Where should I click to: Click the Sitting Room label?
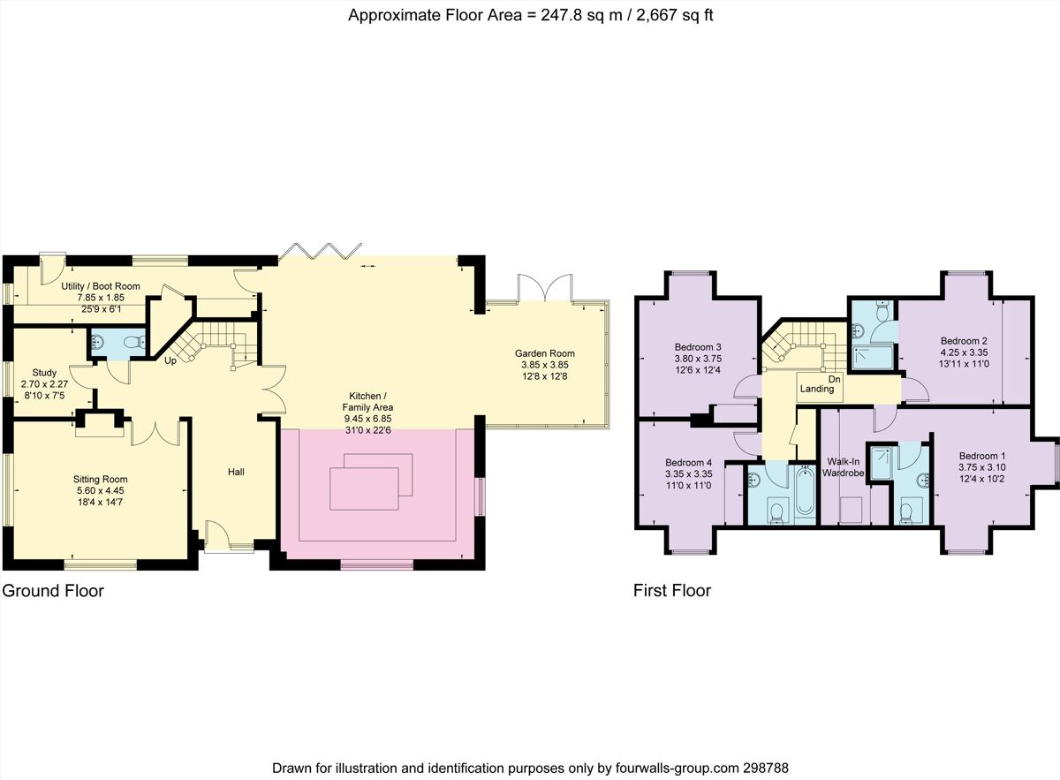pos(100,480)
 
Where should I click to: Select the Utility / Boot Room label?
pos(101,286)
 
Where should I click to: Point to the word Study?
pos(44,372)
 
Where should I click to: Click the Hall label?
pos(236,472)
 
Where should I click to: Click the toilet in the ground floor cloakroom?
pos(132,342)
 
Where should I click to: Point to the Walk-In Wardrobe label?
pos(843,467)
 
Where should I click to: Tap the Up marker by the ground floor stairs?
pos(169,360)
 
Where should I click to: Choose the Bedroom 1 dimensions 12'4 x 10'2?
pos(981,479)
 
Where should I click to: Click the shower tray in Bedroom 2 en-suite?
pos(871,356)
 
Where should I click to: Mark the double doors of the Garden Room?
pos(546,288)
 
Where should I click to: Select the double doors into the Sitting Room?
pos(156,433)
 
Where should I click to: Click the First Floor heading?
pos(671,591)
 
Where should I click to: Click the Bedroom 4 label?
pos(688,462)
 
